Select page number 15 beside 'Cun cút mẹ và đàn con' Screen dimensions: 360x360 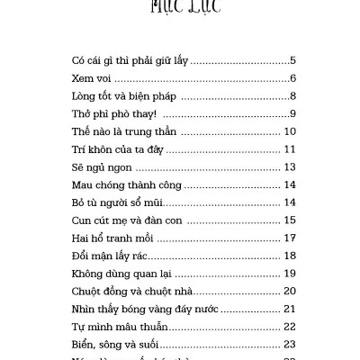click(x=290, y=220)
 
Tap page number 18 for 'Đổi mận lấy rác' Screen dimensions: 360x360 click(x=290, y=256)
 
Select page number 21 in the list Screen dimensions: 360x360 click(x=290, y=308)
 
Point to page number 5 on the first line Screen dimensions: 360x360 click(x=292, y=61)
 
